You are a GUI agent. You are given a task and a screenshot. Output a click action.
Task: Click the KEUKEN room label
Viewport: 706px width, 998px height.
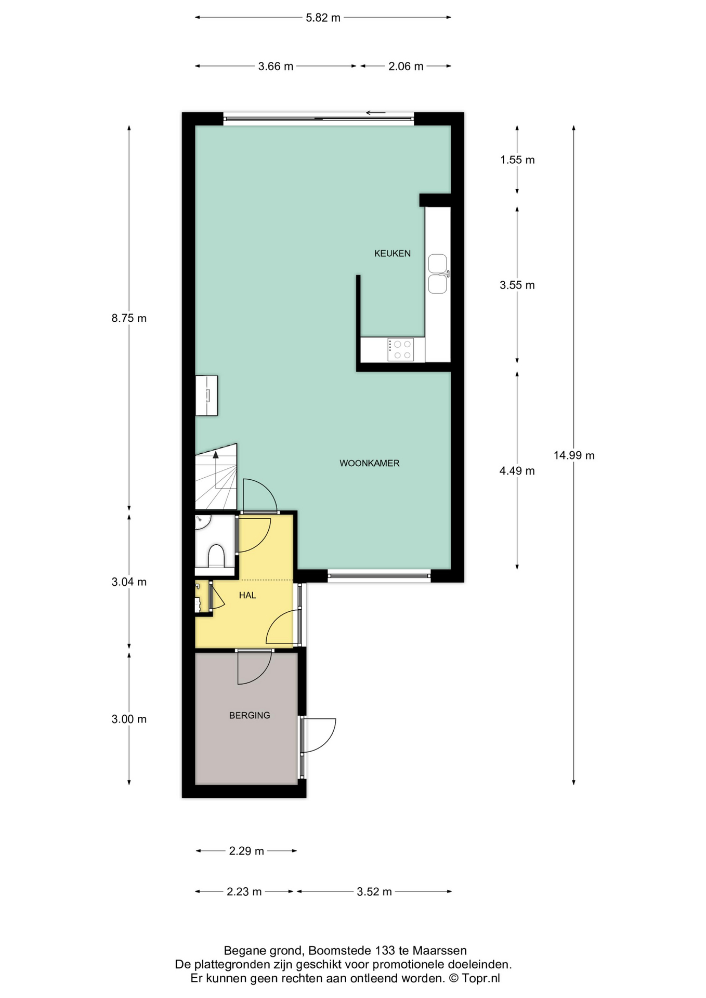tap(393, 254)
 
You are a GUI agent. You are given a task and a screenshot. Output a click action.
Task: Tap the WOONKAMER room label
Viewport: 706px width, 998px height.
tap(370, 463)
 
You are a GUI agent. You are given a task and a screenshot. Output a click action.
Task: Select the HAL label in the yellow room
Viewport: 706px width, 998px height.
tap(247, 596)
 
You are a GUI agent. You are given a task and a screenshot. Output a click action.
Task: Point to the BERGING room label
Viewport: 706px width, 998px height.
tap(250, 716)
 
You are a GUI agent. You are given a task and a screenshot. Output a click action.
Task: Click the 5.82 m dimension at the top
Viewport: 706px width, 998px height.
tap(323, 18)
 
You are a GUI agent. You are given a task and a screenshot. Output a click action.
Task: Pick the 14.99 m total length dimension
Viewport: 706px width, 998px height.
tap(574, 456)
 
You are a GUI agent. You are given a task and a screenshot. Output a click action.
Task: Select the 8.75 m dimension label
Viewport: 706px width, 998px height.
tap(129, 318)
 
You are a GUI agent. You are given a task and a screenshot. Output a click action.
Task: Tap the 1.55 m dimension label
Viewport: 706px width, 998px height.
tap(517, 160)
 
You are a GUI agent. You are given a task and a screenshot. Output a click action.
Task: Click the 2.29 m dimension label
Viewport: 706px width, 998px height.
tap(246, 851)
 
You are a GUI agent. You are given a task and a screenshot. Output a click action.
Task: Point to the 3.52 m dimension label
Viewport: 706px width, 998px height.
tap(374, 892)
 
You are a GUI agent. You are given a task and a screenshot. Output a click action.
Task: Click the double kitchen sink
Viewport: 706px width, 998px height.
tap(438, 274)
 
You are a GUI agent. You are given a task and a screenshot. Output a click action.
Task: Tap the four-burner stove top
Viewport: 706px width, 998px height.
tap(401, 350)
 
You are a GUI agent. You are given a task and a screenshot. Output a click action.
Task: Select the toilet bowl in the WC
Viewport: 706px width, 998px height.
tap(216, 556)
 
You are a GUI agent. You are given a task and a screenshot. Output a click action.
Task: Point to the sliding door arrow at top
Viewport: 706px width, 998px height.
tap(375, 113)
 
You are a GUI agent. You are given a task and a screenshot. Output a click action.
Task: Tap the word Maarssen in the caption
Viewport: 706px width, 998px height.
tap(439, 951)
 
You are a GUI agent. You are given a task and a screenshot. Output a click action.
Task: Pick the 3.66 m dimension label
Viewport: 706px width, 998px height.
tap(276, 67)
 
